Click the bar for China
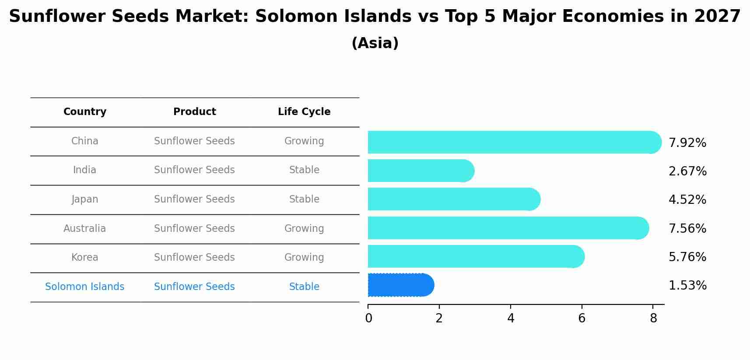pyautogui.click(x=514, y=142)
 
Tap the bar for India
pyautogui.click(x=421, y=171)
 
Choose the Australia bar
pyautogui.click(x=508, y=228)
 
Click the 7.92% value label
pyautogui.click(x=687, y=143)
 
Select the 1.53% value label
pyautogui.click(x=687, y=286)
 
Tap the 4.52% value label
pyautogui.click(x=687, y=200)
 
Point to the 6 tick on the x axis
pyautogui.click(x=582, y=318)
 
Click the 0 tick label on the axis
pyautogui.click(x=368, y=318)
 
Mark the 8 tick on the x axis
pyautogui.click(x=653, y=318)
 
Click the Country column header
pyautogui.click(x=85, y=112)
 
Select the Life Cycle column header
pyautogui.click(x=304, y=112)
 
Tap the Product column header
pyautogui.click(x=195, y=112)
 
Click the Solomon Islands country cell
pyautogui.click(x=85, y=287)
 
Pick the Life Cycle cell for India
pyautogui.click(x=304, y=170)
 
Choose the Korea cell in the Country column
pyautogui.click(x=85, y=258)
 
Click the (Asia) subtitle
pyautogui.click(x=375, y=43)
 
